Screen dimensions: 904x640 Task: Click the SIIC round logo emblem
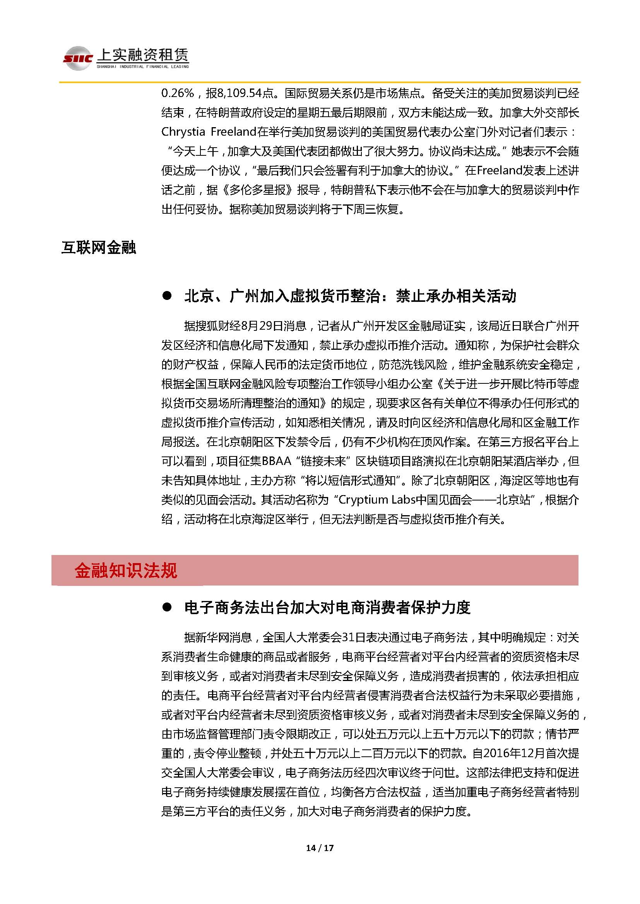point(78,58)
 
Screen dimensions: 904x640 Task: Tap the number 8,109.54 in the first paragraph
point(240,93)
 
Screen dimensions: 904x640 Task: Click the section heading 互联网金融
point(99,248)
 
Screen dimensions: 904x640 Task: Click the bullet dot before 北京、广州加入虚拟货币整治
point(167,296)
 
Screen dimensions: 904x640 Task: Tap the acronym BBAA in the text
point(276,461)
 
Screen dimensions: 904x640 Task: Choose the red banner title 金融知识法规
point(126,571)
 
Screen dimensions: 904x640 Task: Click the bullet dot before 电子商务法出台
point(167,608)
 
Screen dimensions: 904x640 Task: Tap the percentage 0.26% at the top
point(178,93)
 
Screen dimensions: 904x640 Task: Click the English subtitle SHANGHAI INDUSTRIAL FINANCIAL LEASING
point(143,66)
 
